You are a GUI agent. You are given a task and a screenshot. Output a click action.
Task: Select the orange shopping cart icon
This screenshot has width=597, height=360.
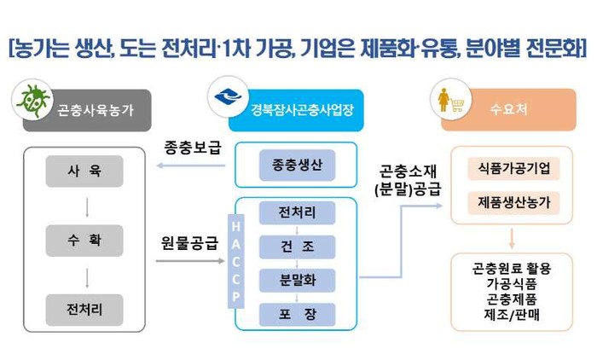pyautogui.click(x=449, y=100)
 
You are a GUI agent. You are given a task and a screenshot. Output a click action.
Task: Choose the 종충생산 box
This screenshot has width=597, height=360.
pyautogui.click(x=293, y=165)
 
